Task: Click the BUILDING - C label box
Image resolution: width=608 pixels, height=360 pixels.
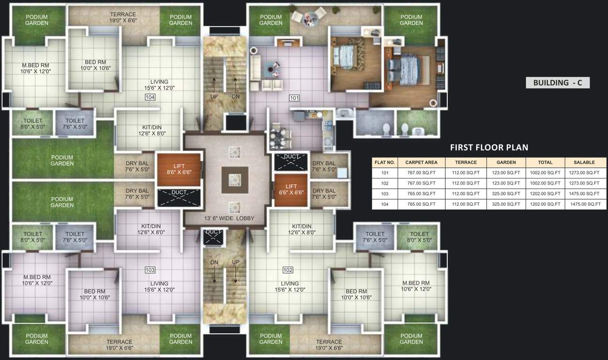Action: [557, 83]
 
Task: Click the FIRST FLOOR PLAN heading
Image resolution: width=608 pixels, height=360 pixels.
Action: [489, 148]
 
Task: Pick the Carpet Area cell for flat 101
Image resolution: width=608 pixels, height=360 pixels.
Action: [421, 173]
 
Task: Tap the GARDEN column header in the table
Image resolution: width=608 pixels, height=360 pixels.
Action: [506, 162]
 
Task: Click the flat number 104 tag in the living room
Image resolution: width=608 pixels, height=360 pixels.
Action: [150, 97]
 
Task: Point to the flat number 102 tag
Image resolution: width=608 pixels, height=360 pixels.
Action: [288, 270]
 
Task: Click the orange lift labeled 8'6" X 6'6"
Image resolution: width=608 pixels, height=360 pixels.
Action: [179, 169]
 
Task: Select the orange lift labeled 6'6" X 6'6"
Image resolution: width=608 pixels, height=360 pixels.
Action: [290, 189]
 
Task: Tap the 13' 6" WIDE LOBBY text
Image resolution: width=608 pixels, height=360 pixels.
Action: [229, 218]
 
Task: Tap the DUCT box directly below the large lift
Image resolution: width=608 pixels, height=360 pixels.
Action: [179, 197]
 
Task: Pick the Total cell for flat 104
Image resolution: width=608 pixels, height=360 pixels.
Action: [545, 204]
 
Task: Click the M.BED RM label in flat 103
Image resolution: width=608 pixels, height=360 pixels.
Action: [36, 280]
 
